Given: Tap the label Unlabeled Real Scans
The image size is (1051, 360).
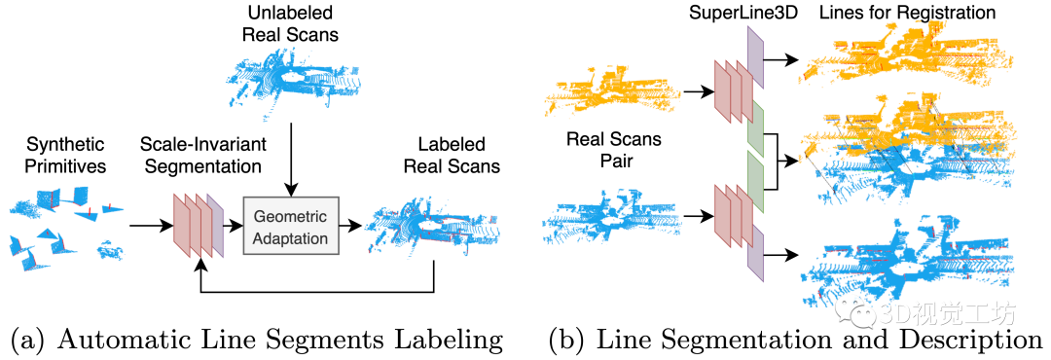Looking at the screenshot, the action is tap(290, 22).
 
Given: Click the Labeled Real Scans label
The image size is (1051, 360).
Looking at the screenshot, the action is tap(452, 154).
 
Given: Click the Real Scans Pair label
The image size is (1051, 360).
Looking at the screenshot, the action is tap(613, 150).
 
